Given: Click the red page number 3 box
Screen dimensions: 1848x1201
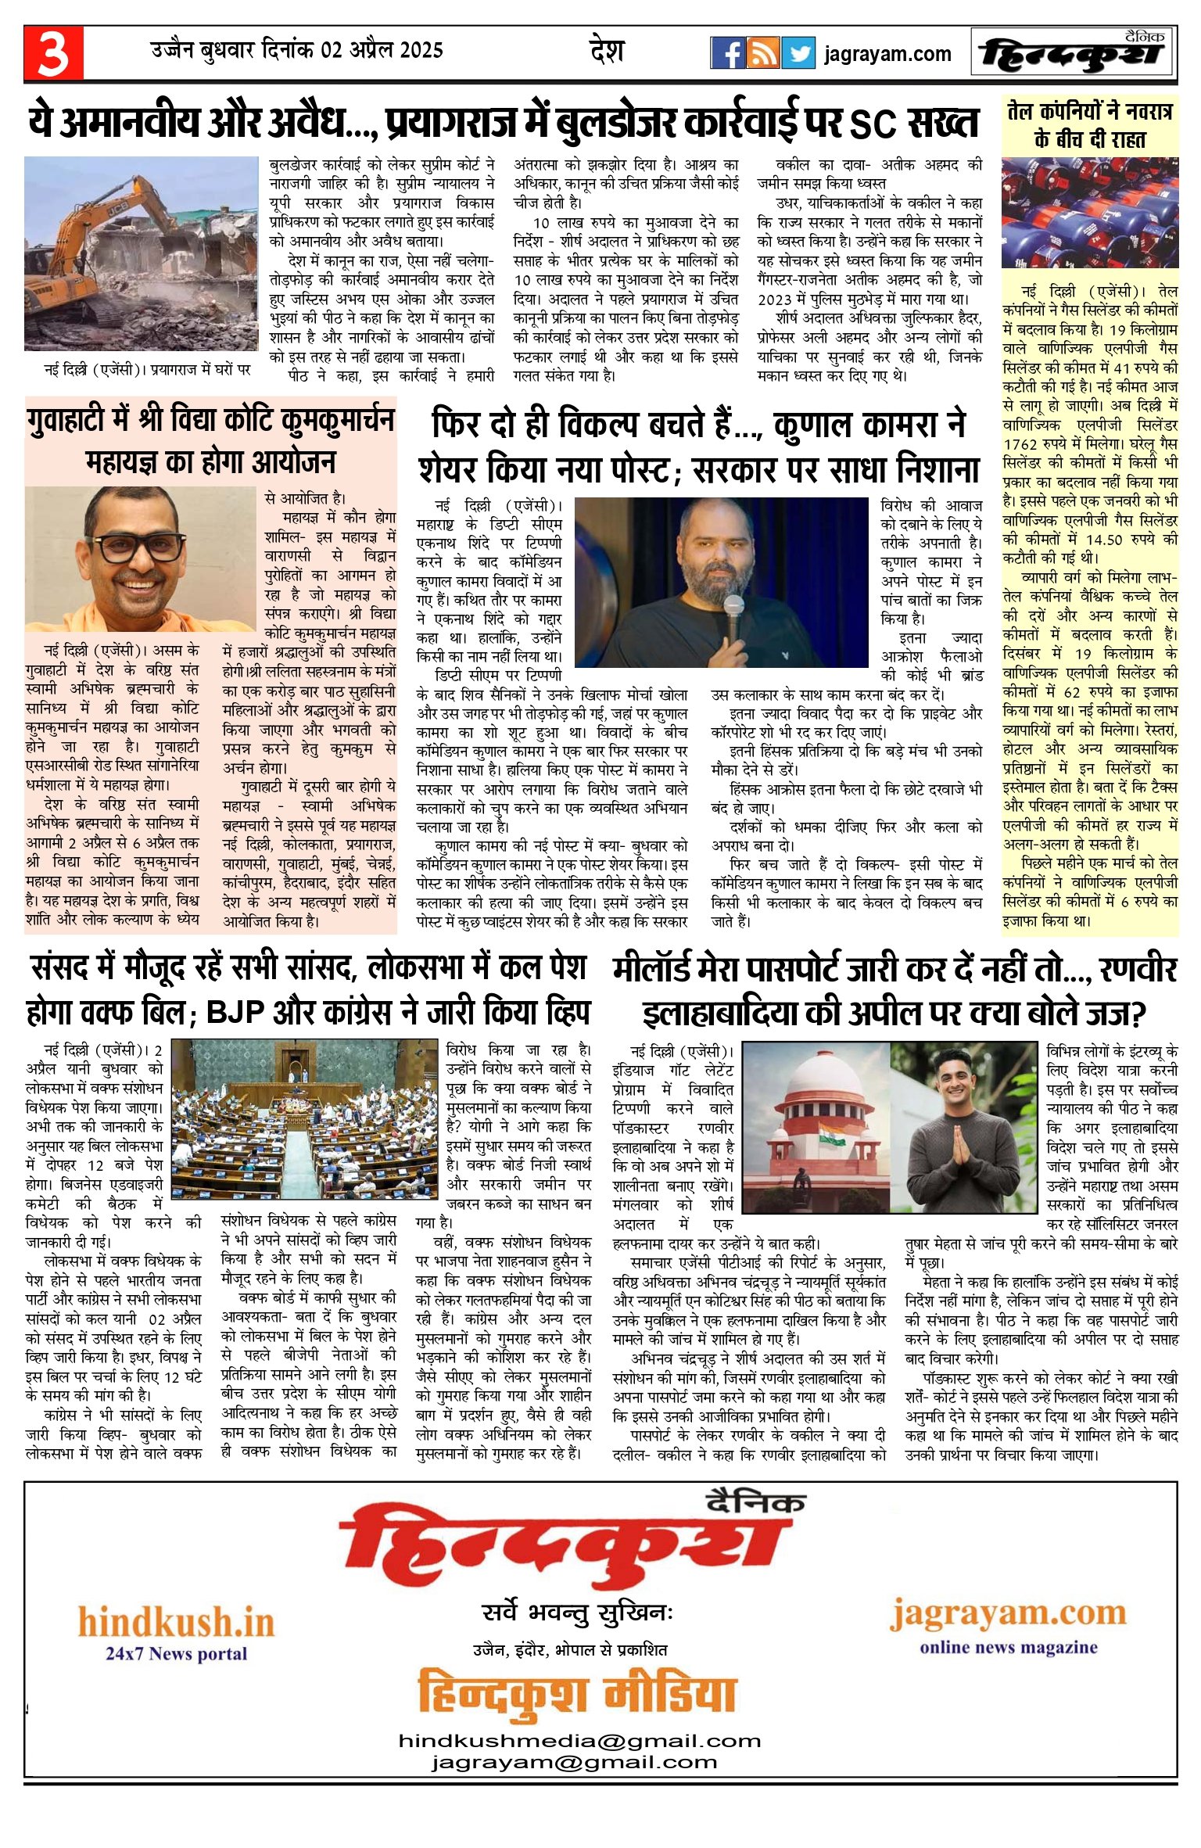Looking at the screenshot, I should (53, 53).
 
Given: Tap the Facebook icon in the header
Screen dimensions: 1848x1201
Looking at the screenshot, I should (727, 53).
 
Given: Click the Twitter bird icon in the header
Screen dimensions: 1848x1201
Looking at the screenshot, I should (798, 53).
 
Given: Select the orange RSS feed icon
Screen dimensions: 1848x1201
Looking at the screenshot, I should (762, 53).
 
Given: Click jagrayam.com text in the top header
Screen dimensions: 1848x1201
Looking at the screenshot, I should (887, 55).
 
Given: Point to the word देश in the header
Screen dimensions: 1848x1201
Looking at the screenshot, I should (607, 52).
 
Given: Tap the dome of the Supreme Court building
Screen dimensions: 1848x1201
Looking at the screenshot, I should (816, 1071).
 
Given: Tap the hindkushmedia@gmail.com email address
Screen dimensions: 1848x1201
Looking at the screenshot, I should (579, 1741).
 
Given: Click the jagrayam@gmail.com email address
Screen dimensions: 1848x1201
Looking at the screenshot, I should (574, 1762).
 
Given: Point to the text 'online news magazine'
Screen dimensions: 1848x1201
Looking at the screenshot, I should (1008, 1647).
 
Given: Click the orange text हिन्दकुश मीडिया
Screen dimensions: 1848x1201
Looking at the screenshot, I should (577, 1694).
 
